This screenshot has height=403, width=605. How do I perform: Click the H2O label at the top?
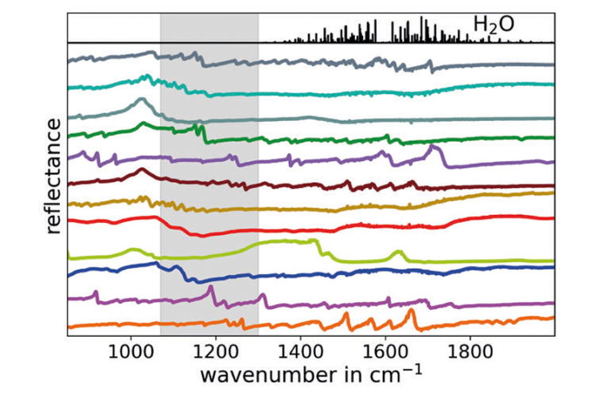coord(494,25)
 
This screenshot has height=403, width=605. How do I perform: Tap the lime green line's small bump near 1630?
coord(399,252)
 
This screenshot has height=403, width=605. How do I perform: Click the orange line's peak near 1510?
coord(346,315)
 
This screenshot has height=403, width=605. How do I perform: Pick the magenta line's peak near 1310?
coord(263,296)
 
